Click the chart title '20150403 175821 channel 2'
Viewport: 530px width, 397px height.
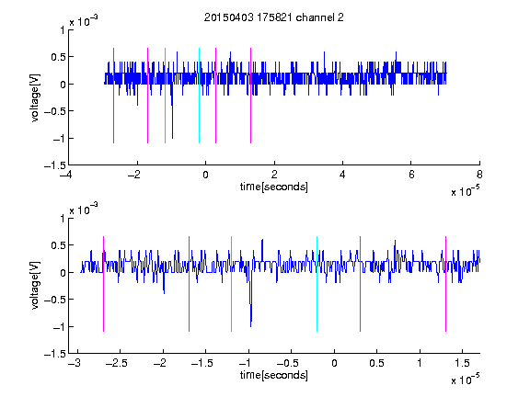tap(274, 17)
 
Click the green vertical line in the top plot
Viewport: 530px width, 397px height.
tap(165, 96)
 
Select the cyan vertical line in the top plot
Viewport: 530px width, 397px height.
tap(199, 96)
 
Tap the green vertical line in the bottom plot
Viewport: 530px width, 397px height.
tap(231, 284)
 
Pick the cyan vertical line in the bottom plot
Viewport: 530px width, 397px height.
tap(317, 284)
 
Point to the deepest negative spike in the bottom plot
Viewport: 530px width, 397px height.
tap(250, 326)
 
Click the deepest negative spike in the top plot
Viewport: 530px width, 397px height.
tap(172, 138)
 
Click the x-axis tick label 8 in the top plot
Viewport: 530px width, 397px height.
tap(479, 175)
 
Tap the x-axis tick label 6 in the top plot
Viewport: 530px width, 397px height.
tap(411, 175)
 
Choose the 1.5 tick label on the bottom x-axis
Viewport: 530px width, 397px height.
tap(462, 363)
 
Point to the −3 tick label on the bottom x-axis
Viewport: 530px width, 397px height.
tap(75, 363)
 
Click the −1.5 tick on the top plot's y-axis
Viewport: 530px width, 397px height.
tap(55, 165)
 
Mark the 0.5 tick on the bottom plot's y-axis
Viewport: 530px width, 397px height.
tap(58, 245)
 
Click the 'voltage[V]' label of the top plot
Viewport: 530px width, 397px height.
tap(35, 97)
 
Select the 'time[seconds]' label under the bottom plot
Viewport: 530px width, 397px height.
tap(274, 375)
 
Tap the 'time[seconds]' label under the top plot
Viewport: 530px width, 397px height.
tap(274, 187)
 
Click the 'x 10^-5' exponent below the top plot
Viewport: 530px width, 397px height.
tap(465, 190)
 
